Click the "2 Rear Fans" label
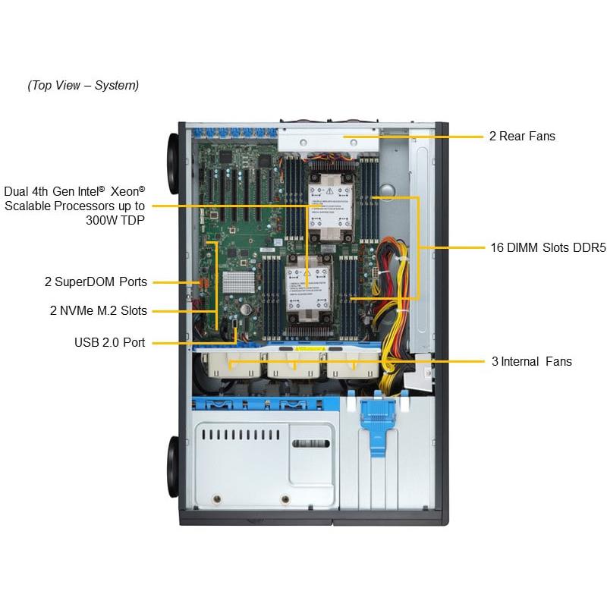click(x=522, y=137)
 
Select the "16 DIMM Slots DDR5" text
click(x=546, y=247)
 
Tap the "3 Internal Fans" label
click(x=531, y=362)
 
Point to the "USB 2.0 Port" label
click(x=109, y=343)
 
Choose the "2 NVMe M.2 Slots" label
click(x=99, y=310)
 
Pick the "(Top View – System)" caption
click(x=83, y=85)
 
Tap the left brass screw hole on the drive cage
click(x=217, y=499)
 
